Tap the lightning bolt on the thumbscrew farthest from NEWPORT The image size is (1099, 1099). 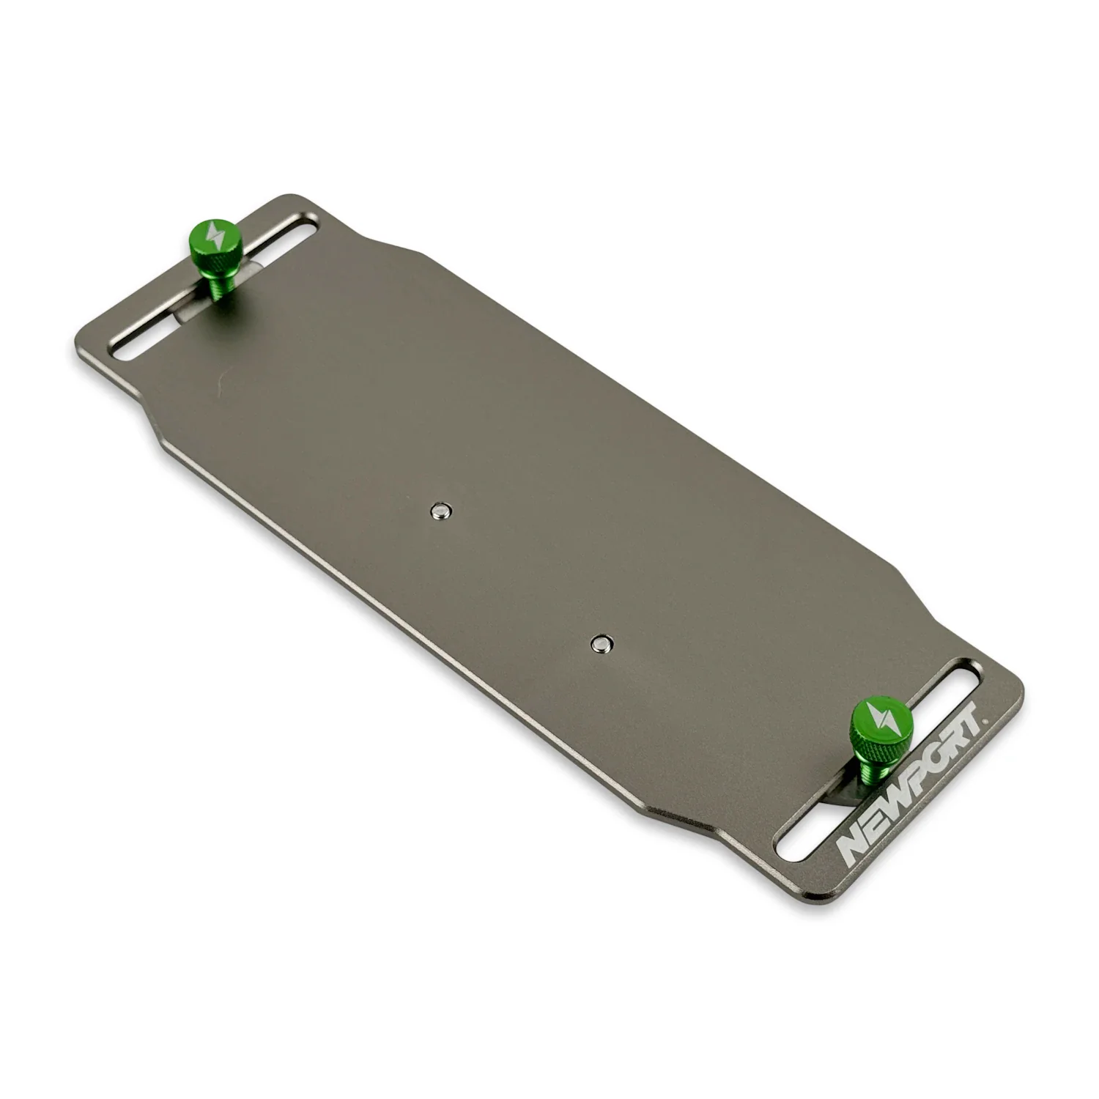point(212,234)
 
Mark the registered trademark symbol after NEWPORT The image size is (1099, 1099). point(986,719)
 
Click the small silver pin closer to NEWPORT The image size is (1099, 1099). point(602,643)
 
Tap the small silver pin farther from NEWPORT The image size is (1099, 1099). point(440,510)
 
